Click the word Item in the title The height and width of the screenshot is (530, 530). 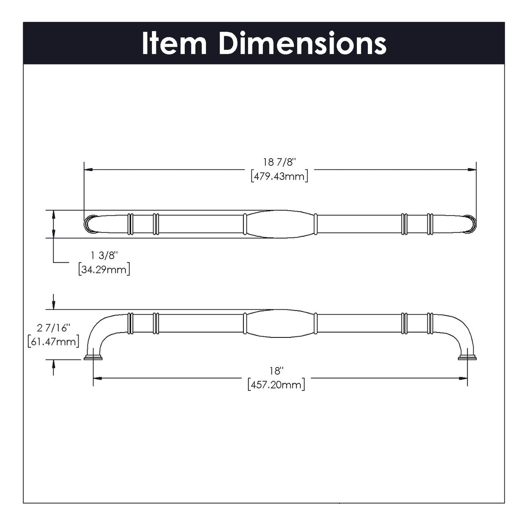[x=174, y=43]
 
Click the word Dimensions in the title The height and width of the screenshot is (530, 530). [x=302, y=43]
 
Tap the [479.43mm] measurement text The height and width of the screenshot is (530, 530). [x=279, y=177]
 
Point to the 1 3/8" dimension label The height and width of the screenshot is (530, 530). [x=104, y=255]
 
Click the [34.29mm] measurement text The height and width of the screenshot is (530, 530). [x=104, y=269]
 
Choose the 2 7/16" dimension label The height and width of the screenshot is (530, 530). [x=53, y=327]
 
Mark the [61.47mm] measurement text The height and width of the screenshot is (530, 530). [x=53, y=341]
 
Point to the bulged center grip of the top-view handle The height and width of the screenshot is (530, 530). [x=280, y=224]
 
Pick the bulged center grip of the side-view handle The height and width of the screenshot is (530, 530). [x=280, y=323]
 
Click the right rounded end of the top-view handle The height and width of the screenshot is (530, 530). [x=470, y=223]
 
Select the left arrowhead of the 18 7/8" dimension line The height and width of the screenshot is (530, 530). [x=87, y=169]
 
